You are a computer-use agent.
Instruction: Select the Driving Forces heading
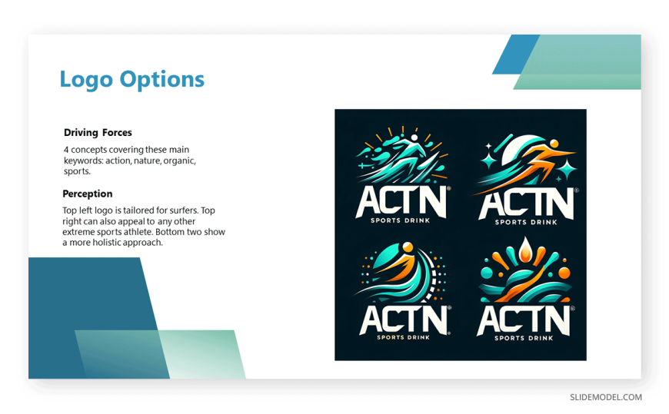98,133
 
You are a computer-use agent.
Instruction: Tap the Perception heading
88,194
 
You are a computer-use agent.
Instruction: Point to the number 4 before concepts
66,150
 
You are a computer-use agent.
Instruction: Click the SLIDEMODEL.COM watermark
605,397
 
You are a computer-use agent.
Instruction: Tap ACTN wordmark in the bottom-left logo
401,317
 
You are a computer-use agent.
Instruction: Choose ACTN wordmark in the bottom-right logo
523,319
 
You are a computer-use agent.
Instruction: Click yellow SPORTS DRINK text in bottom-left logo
401,336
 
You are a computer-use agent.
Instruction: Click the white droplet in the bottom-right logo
526,249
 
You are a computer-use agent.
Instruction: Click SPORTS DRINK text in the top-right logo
525,221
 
